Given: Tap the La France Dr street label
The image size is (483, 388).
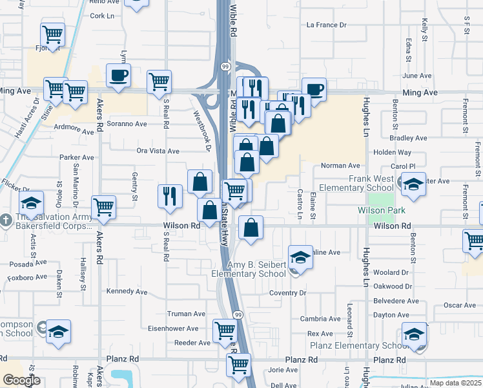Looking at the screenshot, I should [326, 25].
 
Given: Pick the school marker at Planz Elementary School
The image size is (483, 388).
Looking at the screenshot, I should [414, 334].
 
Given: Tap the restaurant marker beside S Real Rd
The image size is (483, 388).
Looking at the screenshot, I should [169, 195].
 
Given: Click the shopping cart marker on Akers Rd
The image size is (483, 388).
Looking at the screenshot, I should [103, 208].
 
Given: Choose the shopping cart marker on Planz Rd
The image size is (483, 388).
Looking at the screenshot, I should [238, 365].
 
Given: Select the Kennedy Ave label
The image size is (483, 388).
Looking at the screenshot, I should [127, 292].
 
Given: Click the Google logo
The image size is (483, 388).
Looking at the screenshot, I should [21, 380].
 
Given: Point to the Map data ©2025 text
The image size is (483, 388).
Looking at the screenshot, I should [455, 383].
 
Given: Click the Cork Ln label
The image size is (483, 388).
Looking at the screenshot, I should [102, 16].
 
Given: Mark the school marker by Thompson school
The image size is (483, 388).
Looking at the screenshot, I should [58, 333].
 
